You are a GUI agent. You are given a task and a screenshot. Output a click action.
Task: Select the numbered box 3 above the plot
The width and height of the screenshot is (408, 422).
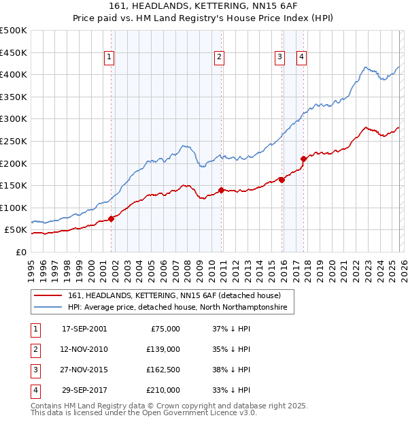pyautogui.click(x=279, y=58)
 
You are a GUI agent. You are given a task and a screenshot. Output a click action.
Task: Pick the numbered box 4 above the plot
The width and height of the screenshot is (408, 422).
pyautogui.click(x=301, y=58)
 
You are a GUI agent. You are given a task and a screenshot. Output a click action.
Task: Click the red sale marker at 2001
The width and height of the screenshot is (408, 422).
pyautogui.click(x=111, y=218)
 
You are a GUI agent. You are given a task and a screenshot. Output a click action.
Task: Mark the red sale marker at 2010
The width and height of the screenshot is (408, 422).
pyautogui.click(x=221, y=191)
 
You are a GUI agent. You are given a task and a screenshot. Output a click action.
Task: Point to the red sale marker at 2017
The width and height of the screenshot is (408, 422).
pyautogui.click(x=303, y=159)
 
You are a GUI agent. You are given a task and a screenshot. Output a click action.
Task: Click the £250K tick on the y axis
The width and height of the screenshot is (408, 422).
pyautogui.click(x=14, y=141)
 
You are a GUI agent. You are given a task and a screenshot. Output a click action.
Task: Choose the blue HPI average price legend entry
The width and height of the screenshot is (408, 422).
pyautogui.click(x=177, y=308)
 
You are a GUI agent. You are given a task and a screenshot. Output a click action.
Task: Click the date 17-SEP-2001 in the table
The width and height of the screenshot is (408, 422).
pyautogui.click(x=84, y=329)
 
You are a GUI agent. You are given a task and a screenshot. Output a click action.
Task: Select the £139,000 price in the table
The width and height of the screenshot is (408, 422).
pyautogui.click(x=163, y=349)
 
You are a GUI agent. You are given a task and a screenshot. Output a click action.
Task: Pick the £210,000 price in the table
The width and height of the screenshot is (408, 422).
pyautogui.click(x=163, y=390)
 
